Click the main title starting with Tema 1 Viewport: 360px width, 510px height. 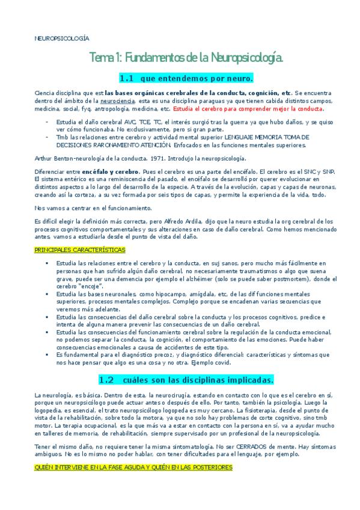coord(186,58)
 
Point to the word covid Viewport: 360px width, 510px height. coord(225,363)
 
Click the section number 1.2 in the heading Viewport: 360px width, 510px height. coord(106,379)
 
